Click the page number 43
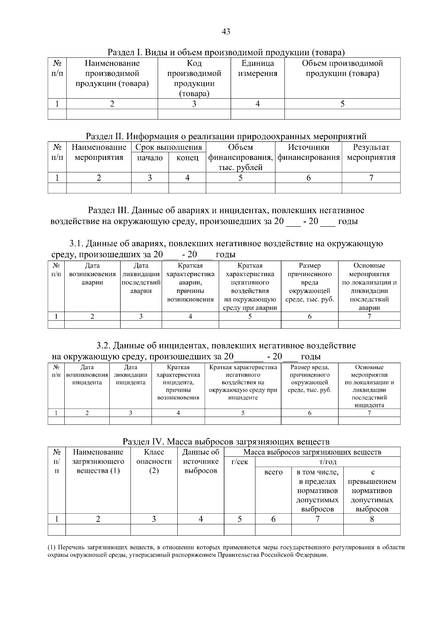tap(226, 32)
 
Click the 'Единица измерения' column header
tap(258, 68)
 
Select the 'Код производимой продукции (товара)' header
tap(194, 78)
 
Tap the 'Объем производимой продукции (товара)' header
tap(342, 68)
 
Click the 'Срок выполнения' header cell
tap(169, 147)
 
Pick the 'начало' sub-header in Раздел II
tap(150, 158)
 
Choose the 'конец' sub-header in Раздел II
tap(187, 158)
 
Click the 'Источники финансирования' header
tap(308, 152)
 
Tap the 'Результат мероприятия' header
tap(371, 152)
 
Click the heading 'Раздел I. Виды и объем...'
tap(226, 52)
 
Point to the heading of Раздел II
tap(226, 136)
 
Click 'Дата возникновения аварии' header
tap(92, 274)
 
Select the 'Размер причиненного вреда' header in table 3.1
tap(310, 282)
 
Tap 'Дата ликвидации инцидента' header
tap(130, 375)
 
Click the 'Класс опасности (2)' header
tap(154, 461)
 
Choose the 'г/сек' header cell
tap(240, 462)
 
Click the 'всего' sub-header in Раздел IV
tap(273, 472)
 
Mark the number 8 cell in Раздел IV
tap(372, 519)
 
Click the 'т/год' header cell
tap(328, 462)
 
